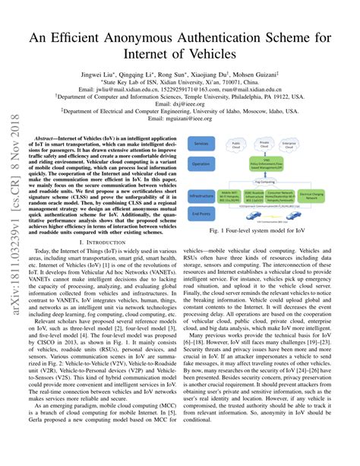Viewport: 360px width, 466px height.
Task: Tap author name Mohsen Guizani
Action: [x=255, y=76]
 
